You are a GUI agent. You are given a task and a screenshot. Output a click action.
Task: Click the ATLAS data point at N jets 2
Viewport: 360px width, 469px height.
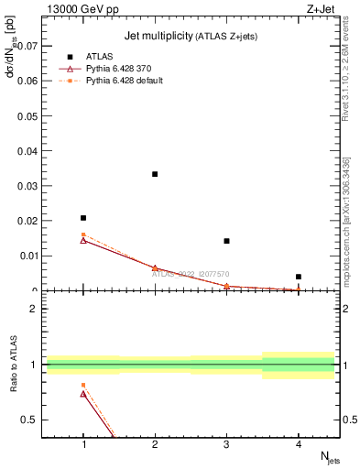(155, 174)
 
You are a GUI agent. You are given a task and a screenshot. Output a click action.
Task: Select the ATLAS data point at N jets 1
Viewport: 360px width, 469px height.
(83, 218)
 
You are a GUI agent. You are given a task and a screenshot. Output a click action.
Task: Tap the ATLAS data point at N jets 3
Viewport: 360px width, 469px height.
(226, 241)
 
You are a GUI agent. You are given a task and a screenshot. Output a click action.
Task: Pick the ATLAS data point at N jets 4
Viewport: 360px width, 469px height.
(299, 277)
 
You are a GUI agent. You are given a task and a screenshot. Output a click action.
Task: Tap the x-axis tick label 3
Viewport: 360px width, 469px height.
(227, 444)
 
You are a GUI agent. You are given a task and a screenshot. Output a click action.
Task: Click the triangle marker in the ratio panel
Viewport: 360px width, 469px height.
(83, 394)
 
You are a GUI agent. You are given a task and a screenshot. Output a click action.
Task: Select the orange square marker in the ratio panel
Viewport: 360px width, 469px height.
(83, 385)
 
